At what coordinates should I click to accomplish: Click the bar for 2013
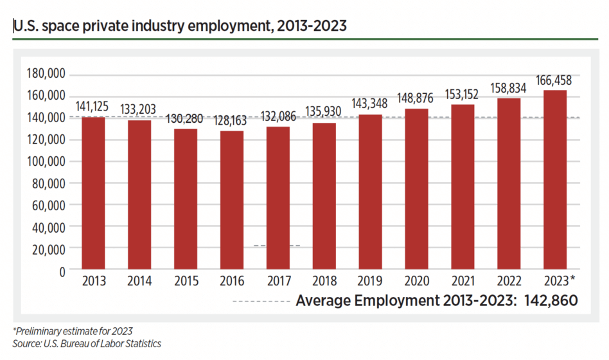[x=93, y=193]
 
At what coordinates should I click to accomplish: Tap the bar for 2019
[x=370, y=192]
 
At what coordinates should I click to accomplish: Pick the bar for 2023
[x=555, y=179]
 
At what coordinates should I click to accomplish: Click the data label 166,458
[x=554, y=82]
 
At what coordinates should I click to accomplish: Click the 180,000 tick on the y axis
[x=46, y=74]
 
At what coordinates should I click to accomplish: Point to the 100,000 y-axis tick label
[x=46, y=161]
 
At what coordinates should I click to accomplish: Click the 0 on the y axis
[x=62, y=271]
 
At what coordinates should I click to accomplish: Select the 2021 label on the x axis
[x=463, y=282]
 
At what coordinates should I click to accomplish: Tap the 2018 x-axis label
[x=324, y=282]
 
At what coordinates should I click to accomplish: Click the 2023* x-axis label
[x=556, y=282]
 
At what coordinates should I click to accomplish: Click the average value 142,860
[x=550, y=301]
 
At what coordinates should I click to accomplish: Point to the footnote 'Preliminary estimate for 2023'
[x=73, y=331]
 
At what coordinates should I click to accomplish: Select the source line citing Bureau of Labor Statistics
[x=87, y=344]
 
